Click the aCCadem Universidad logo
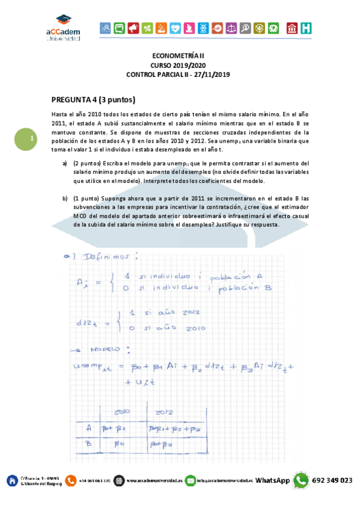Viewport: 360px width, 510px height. (x=63, y=28)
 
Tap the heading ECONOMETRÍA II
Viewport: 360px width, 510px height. (x=179, y=55)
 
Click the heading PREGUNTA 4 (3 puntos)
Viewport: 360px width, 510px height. (x=93, y=100)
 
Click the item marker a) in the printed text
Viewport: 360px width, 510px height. (x=66, y=163)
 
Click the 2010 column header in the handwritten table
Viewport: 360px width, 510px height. (x=121, y=413)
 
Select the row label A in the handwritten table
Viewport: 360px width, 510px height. (x=88, y=429)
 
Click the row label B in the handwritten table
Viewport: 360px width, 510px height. (x=88, y=444)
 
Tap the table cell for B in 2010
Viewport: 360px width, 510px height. (x=123, y=444)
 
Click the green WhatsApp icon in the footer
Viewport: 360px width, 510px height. (x=301, y=481)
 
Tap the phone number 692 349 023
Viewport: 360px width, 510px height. (x=332, y=481)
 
